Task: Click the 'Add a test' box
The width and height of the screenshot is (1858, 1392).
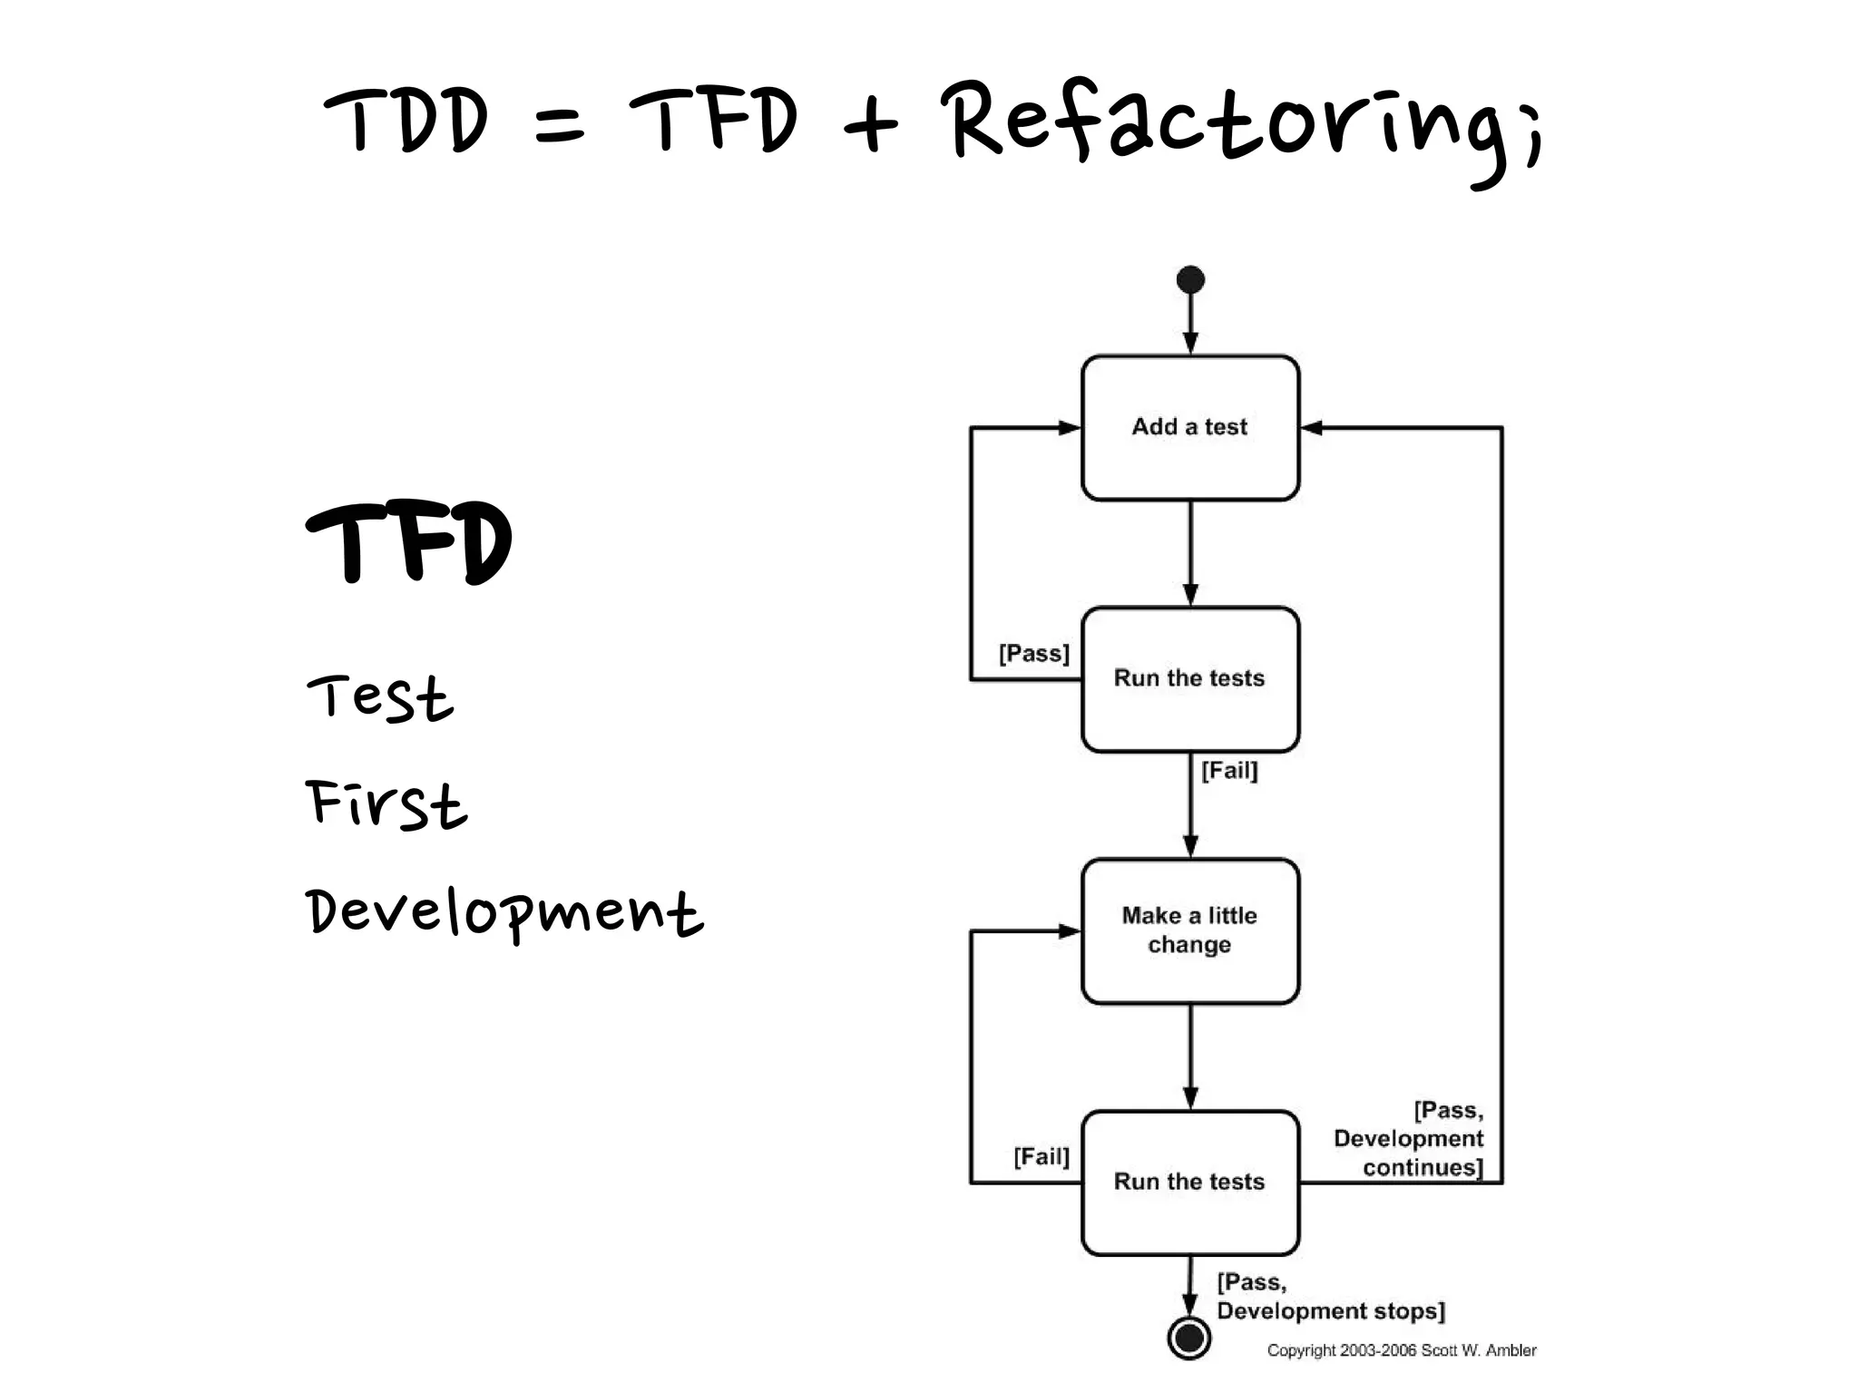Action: (x=1189, y=427)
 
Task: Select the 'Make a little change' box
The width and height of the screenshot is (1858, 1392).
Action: (x=1189, y=930)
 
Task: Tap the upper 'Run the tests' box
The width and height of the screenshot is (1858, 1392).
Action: (x=1189, y=678)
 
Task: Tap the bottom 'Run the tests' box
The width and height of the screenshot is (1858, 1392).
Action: (x=1189, y=1182)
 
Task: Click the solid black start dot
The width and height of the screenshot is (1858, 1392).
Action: (x=1190, y=279)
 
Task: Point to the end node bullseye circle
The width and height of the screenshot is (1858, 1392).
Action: (x=1189, y=1337)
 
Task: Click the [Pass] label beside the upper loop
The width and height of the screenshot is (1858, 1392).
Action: (x=1033, y=653)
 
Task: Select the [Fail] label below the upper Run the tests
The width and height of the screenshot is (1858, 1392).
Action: (x=1229, y=771)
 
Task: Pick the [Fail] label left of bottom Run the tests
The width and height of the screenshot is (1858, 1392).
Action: (x=1041, y=1156)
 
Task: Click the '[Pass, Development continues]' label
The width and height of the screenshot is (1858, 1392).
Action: (x=1409, y=1139)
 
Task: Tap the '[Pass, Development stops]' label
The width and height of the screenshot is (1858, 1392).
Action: (x=1329, y=1297)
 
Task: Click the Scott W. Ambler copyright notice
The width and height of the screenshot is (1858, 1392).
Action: (x=1401, y=1350)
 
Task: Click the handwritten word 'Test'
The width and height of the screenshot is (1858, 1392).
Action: (x=379, y=698)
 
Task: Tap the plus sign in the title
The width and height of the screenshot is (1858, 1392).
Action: (x=869, y=125)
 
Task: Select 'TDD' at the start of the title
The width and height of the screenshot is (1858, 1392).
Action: (x=406, y=121)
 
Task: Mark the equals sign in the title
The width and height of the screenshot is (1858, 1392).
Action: (x=560, y=127)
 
